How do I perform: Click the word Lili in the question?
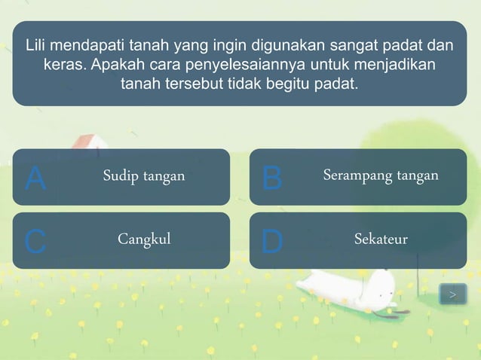37,44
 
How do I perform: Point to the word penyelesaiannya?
240,64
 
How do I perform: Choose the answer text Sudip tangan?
144,176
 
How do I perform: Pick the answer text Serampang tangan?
381,175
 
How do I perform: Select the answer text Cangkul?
144,239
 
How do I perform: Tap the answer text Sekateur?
381,239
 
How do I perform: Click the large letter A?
35,178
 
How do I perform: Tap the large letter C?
35,242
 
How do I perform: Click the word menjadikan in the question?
400,64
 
